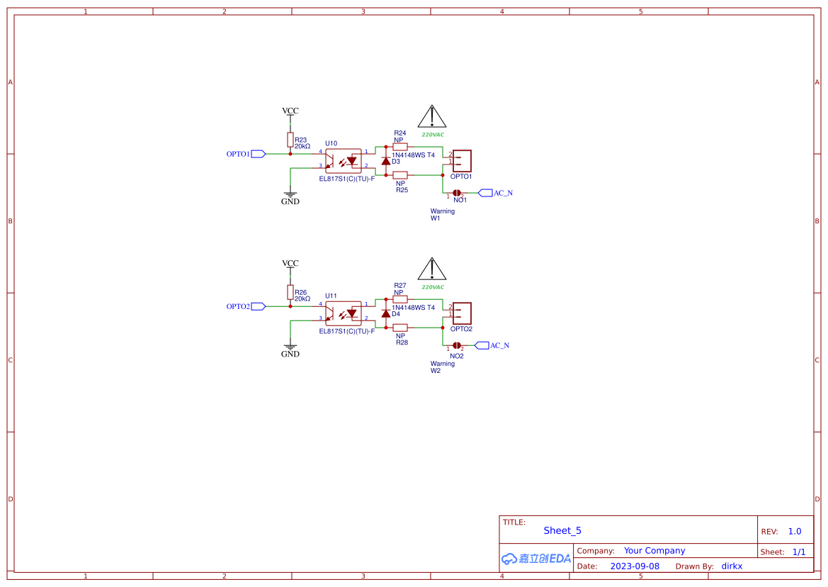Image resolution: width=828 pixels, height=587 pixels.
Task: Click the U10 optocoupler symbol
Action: pyautogui.click(x=344, y=160)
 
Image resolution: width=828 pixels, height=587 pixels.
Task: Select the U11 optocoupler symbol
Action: pyautogui.click(x=344, y=313)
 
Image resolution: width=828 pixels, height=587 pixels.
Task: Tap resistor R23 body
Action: pyautogui.click(x=290, y=139)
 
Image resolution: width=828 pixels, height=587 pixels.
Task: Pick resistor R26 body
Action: pyautogui.click(x=290, y=292)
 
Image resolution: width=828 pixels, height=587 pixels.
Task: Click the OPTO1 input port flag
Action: pyautogui.click(x=258, y=154)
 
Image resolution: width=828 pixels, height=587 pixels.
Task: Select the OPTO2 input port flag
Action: pyautogui.click(x=258, y=306)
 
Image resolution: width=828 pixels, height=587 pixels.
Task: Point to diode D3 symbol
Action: pyautogui.click(x=386, y=161)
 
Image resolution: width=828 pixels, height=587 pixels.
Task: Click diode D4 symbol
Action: pyautogui.click(x=386, y=313)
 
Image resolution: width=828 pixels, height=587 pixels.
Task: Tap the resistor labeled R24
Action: pyautogui.click(x=400, y=146)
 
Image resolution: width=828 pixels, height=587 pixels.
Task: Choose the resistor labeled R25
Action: pyautogui.click(x=400, y=174)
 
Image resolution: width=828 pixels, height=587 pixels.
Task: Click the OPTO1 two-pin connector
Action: pyautogui.click(x=462, y=160)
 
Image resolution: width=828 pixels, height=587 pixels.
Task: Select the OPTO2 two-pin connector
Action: pyautogui.click(x=462, y=313)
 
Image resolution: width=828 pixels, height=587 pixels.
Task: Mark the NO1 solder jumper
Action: pyautogui.click(x=457, y=193)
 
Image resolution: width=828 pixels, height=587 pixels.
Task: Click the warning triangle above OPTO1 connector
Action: pyautogui.click(x=431, y=116)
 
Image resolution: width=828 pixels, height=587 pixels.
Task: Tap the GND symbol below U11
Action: pyautogui.click(x=290, y=347)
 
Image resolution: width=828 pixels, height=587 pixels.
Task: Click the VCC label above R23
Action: pyautogui.click(x=290, y=111)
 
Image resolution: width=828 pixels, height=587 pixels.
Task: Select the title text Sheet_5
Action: pyautogui.click(x=562, y=530)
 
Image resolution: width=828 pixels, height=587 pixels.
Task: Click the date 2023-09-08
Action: pyautogui.click(x=635, y=566)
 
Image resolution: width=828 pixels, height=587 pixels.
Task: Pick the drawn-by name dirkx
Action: pyautogui.click(x=732, y=566)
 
